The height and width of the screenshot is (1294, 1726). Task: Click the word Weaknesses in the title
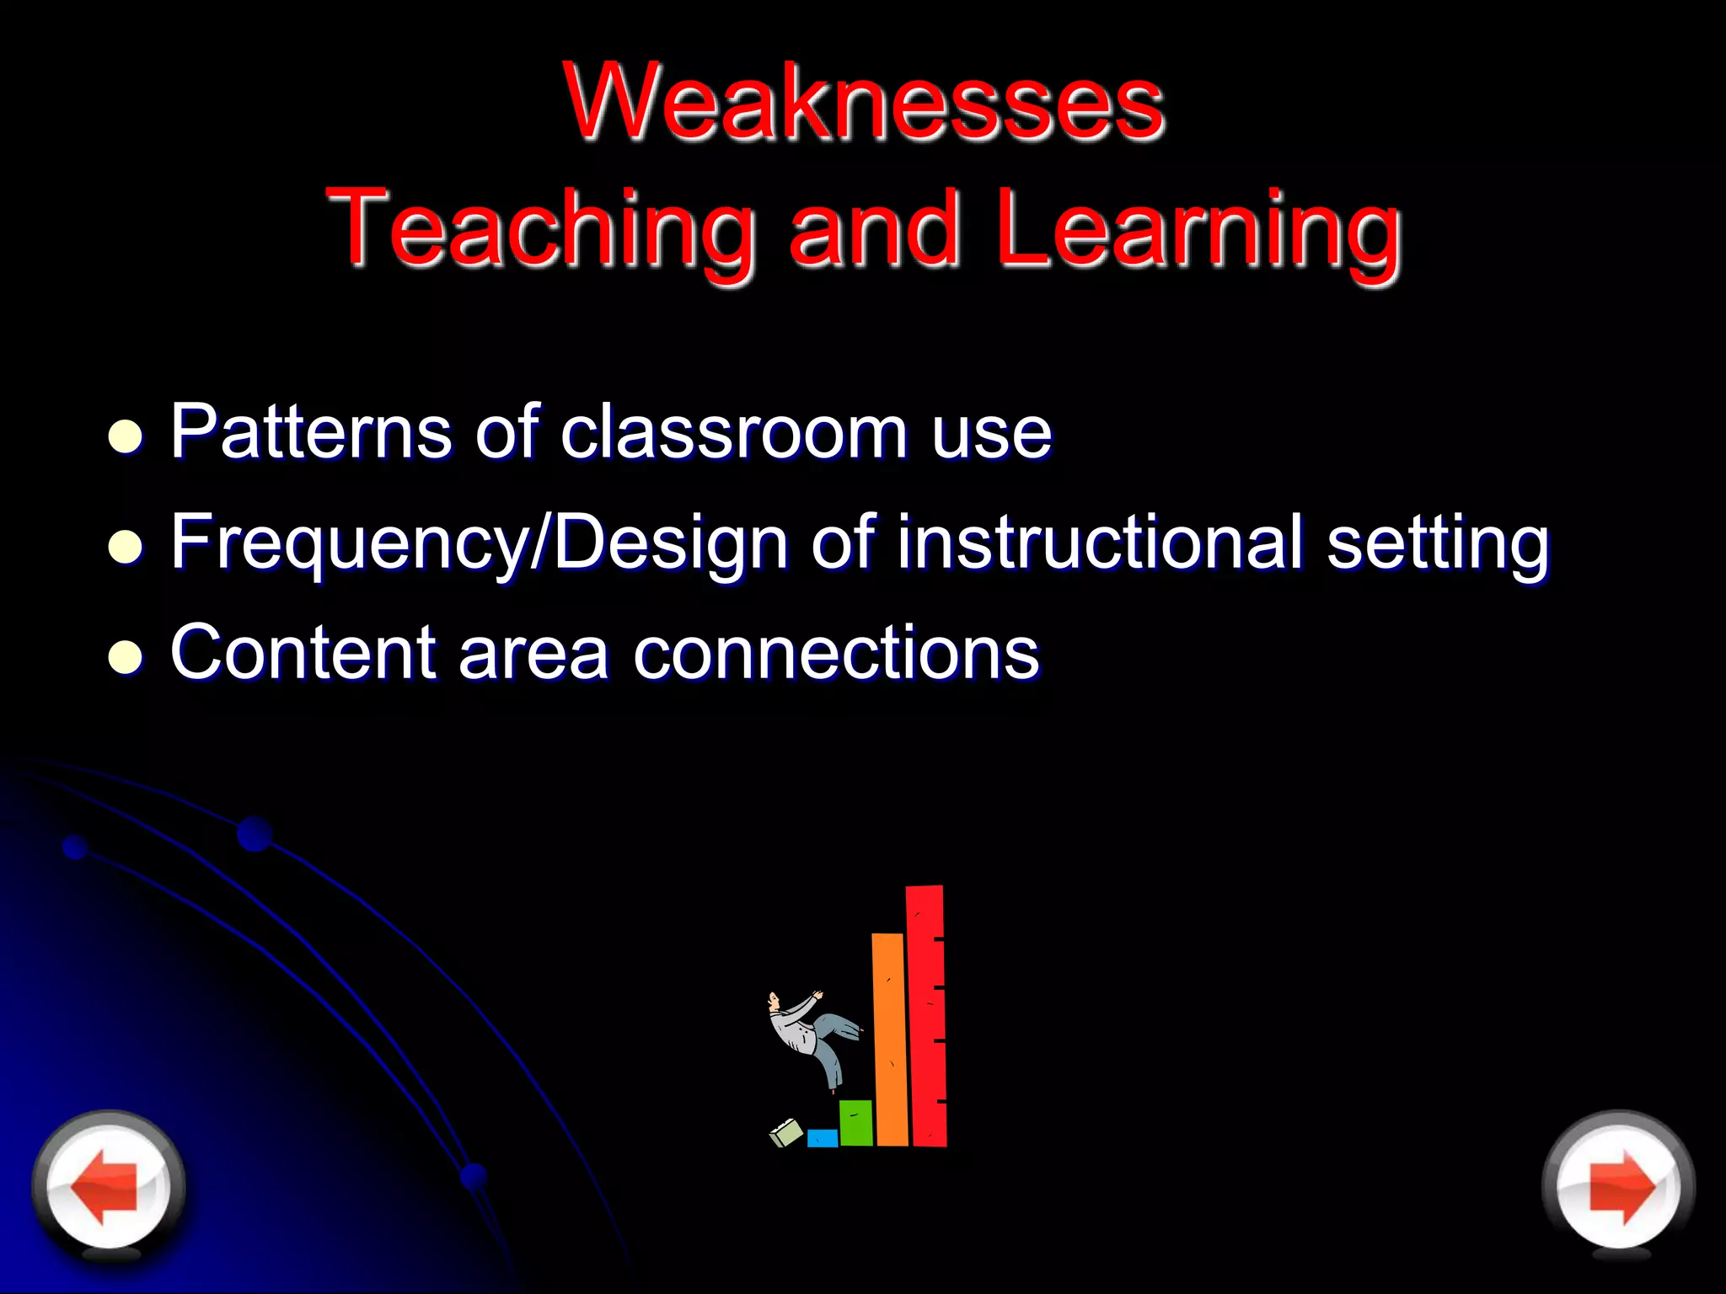pos(865,103)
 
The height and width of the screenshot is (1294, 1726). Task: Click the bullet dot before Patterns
pos(126,436)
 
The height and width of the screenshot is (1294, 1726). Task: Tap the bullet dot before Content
pos(126,656)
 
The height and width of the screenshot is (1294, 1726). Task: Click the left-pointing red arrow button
pos(107,1185)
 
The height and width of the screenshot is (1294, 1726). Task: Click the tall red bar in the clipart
pos(926,1015)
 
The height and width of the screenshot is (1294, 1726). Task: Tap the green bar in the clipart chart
pos(855,1122)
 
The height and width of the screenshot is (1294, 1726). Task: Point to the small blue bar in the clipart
pos(822,1138)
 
